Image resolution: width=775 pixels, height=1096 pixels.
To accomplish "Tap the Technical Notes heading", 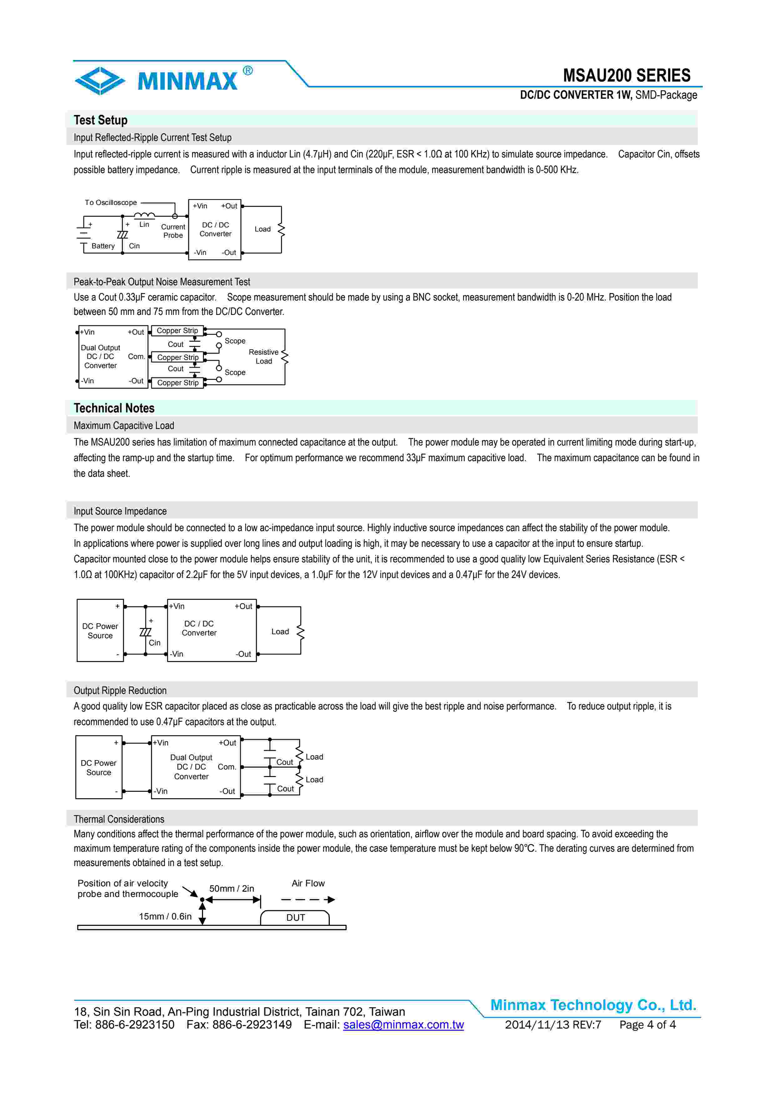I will pyautogui.click(x=114, y=408).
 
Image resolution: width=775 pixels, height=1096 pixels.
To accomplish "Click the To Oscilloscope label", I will pyautogui.click(x=111, y=202).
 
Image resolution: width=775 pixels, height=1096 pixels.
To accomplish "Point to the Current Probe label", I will pyautogui.click(x=173, y=231).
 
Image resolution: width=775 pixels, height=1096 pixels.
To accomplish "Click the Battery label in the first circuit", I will pyautogui.click(x=103, y=246).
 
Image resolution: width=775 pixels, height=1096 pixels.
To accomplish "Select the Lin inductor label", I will pyautogui.click(x=144, y=224).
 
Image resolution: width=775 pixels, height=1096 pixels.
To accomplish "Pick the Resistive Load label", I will pyautogui.click(x=264, y=356).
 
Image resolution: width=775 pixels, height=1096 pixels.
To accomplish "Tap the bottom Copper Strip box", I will pyautogui.click(x=178, y=383).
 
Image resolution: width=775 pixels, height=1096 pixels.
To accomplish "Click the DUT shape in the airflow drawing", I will pyautogui.click(x=295, y=918).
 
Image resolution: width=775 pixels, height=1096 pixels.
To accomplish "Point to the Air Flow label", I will pyautogui.click(x=308, y=883).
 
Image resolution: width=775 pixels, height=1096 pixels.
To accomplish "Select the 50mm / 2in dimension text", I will pyautogui.click(x=232, y=888).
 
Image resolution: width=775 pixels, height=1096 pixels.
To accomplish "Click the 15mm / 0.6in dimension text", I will pyautogui.click(x=165, y=916).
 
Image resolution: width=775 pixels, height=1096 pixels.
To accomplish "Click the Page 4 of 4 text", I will pyautogui.click(x=647, y=1024).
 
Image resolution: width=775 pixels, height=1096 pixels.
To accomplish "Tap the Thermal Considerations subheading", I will pyautogui.click(x=119, y=819).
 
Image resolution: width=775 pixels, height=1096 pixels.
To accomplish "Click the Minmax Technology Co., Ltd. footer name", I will pyautogui.click(x=593, y=1005).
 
